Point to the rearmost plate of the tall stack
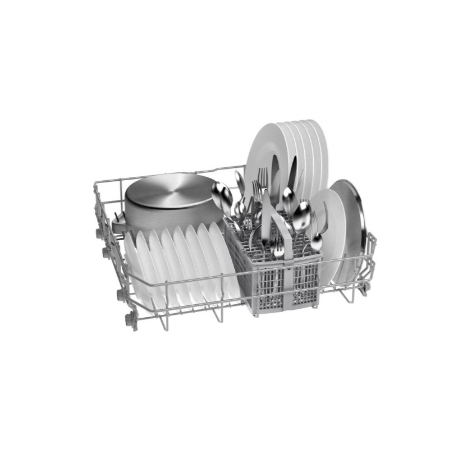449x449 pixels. coord(317,152)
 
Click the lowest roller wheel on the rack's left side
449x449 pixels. coord(130,322)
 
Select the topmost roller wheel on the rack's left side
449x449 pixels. coord(100,232)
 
